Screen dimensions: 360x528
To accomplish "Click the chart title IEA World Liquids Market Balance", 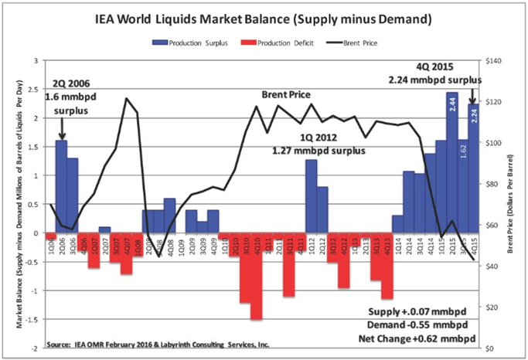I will pyautogui.click(x=263, y=16).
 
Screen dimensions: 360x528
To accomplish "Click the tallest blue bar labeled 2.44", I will pyautogui.click(x=452, y=162).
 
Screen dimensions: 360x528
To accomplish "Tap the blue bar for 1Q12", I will pyautogui.click(x=311, y=196).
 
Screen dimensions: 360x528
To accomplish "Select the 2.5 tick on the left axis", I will pyautogui.click(x=32, y=90).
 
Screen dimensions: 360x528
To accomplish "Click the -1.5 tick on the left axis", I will pyautogui.click(x=31, y=319).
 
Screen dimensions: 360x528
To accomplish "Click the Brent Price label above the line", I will pyautogui.click(x=283, y=94).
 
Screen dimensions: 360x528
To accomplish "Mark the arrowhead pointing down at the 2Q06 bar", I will pyautogui.click(x=61, y=137).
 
